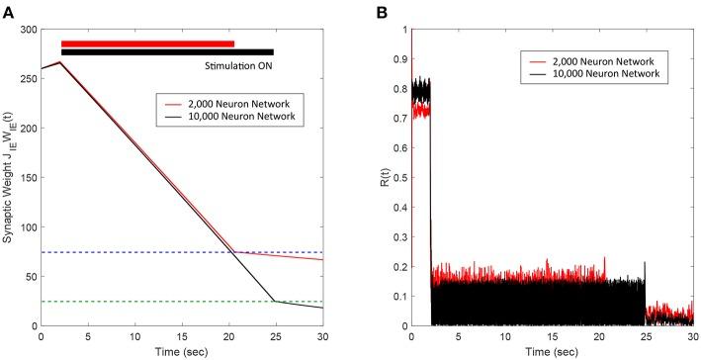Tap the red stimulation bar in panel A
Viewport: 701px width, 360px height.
pos(147,44)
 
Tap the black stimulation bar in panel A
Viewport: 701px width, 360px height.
pos(167,52)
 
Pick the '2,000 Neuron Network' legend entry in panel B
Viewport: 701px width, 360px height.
pos(605,63)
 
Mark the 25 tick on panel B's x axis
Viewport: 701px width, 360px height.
pos(645,336)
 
